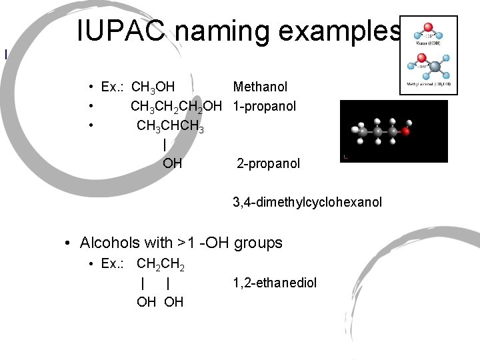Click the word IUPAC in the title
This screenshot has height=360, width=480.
tap(116, 31)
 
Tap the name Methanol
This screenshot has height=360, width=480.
tap(260, 87)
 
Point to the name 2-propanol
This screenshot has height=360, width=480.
tap(269, 163)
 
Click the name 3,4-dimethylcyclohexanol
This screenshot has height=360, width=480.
tap(307, 201)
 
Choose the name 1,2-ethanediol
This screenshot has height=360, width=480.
tap(275, 283)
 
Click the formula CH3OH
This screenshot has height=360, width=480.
tap(153, 87)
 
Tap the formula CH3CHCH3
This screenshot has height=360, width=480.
tap(170, 126)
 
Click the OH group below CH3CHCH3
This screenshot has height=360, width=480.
tap(172, 163)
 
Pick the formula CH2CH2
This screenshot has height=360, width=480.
tap(160, 264)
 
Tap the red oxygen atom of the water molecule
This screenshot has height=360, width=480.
tap(429, 29)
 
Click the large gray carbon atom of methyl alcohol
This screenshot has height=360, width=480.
tap(433, 67)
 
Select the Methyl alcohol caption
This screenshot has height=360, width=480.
tap(429, 85)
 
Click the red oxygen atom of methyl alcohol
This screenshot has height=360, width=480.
tap(419, 65)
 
